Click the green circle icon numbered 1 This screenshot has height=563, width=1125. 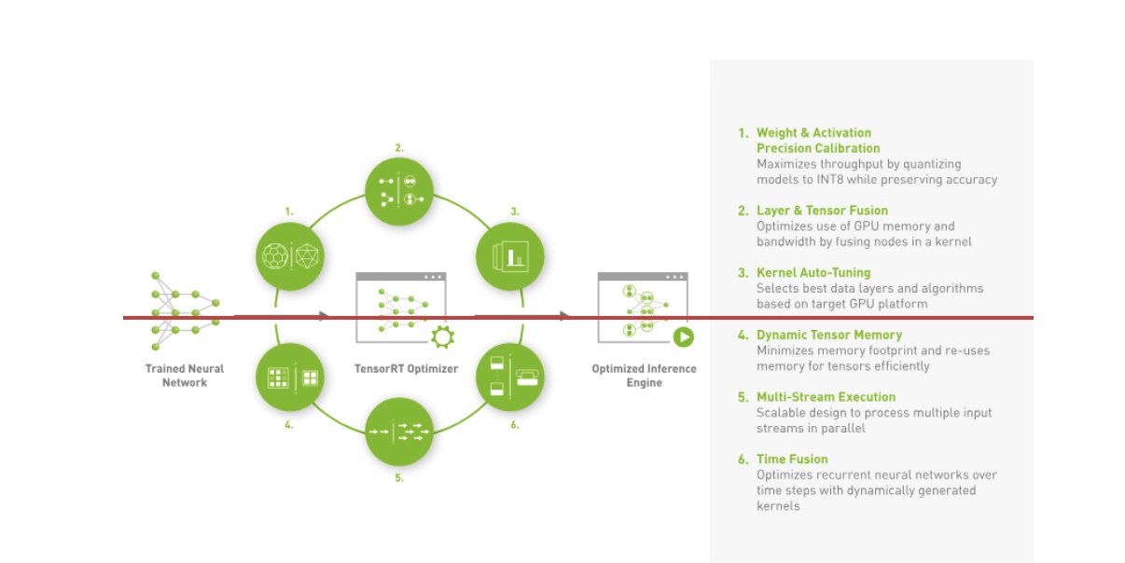pyautogui.click(x=290, y=256)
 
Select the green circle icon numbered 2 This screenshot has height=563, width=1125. pyautogui.click(x=399, y=192)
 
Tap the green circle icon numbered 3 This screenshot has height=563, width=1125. pyautogui.click(x=509, y=256)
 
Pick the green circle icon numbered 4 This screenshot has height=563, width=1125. pyautogui.click(x=290, y=378)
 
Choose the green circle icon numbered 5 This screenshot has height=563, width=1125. pyautogui.click(x=399, y=432)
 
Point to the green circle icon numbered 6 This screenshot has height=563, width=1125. pyautogui.click(x=509, y=378)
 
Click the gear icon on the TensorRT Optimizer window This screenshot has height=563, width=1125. pyautogui.click(x=442, y=336)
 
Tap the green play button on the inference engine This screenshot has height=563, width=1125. pyautogui.click(x=684, y=336)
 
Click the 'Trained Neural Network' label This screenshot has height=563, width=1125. pyautogui.click(x=185, y=376)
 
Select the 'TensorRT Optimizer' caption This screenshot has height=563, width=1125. pyautogui.click(x=406, y=369)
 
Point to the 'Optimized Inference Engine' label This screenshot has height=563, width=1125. pyautogui.click(x=644, y=376)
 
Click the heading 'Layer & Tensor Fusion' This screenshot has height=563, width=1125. pyautogui.click(x=822, y=211)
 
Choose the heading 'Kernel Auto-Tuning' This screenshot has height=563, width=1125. pyautogui.click(x=813, y=272)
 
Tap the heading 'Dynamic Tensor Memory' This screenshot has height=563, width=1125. pyautogui.click(x=829, y=335)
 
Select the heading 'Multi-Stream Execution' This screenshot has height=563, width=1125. pyautogui.click(x=826, y=397)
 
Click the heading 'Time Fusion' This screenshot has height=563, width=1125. pyautogui.click(x=792, y=460)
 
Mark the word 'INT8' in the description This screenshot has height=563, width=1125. pyautogui.click(x=829, y=180)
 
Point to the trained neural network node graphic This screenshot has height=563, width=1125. pyautogui.click(x=185, y=311)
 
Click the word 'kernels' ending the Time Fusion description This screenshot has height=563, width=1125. pyautogui.click(x=778, y=506)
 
